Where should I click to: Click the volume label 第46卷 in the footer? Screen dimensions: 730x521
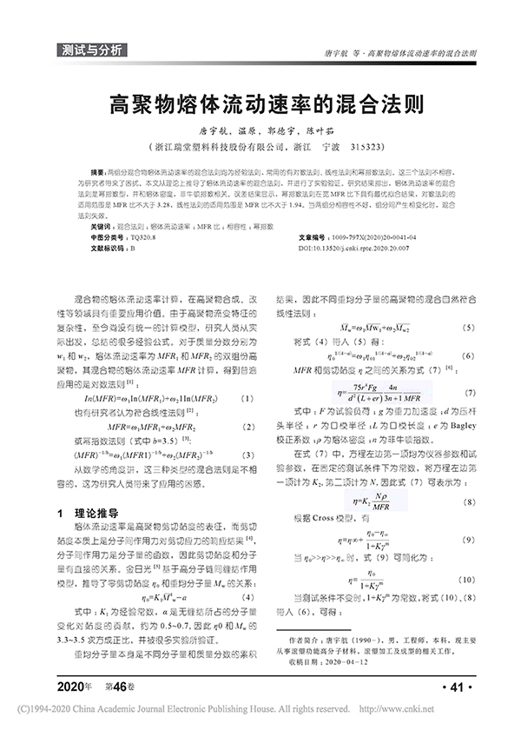[118, 688]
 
